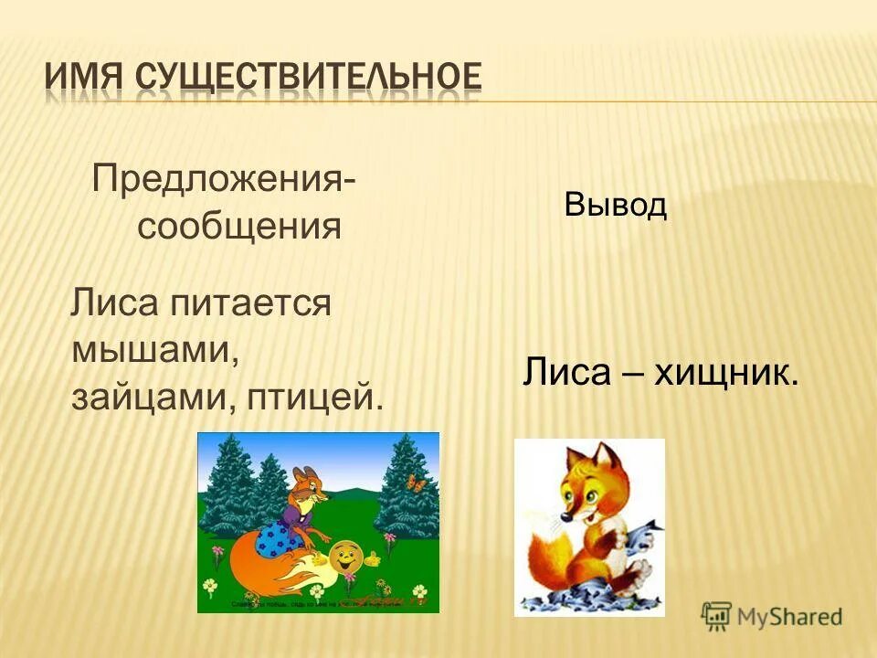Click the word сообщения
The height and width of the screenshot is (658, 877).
pos(239,226)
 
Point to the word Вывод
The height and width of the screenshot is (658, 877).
pos(615,206)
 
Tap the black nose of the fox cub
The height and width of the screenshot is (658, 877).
pos(566,517)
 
